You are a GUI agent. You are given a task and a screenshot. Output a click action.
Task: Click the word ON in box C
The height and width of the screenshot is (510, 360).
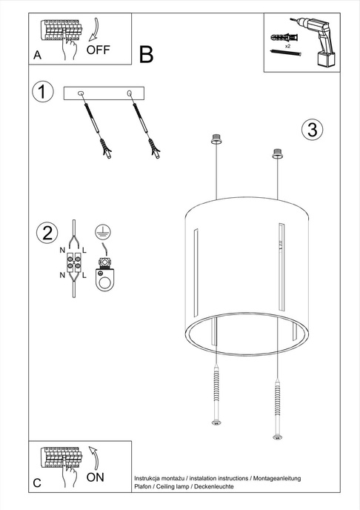pyautogui.click(x=96, y=477)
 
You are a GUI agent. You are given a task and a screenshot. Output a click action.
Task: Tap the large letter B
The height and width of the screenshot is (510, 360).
pyautogui.click(x=146, y=54)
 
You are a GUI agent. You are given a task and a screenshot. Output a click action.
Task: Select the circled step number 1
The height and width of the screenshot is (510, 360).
pyautogui.click(x=44, y=92)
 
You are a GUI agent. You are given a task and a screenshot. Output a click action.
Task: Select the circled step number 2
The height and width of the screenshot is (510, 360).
pyautogui.click(x=47, y=233)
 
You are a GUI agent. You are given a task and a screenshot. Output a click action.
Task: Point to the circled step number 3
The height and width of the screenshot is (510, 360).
pyautogui.click(x=313, y=129)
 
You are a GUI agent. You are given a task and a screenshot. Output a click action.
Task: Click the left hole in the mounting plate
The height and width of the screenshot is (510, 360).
pyautogui.click(x=81, y=93)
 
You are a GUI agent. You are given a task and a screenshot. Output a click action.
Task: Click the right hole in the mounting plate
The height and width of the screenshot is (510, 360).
pyautogui.click(x=130, y=93)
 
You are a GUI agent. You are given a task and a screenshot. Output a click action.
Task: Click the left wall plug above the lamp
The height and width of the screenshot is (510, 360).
pyautogui.click(x=216, y=139)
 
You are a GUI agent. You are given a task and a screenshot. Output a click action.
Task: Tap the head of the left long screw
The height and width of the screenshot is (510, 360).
pyautogui.click(x=216, y=423)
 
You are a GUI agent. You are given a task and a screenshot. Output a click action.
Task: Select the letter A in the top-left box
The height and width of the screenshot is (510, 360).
pyautogui.click(x=37, y=56)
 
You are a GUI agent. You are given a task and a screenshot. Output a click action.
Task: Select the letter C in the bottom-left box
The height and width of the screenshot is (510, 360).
pyautogui.click(x=37, y=483)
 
